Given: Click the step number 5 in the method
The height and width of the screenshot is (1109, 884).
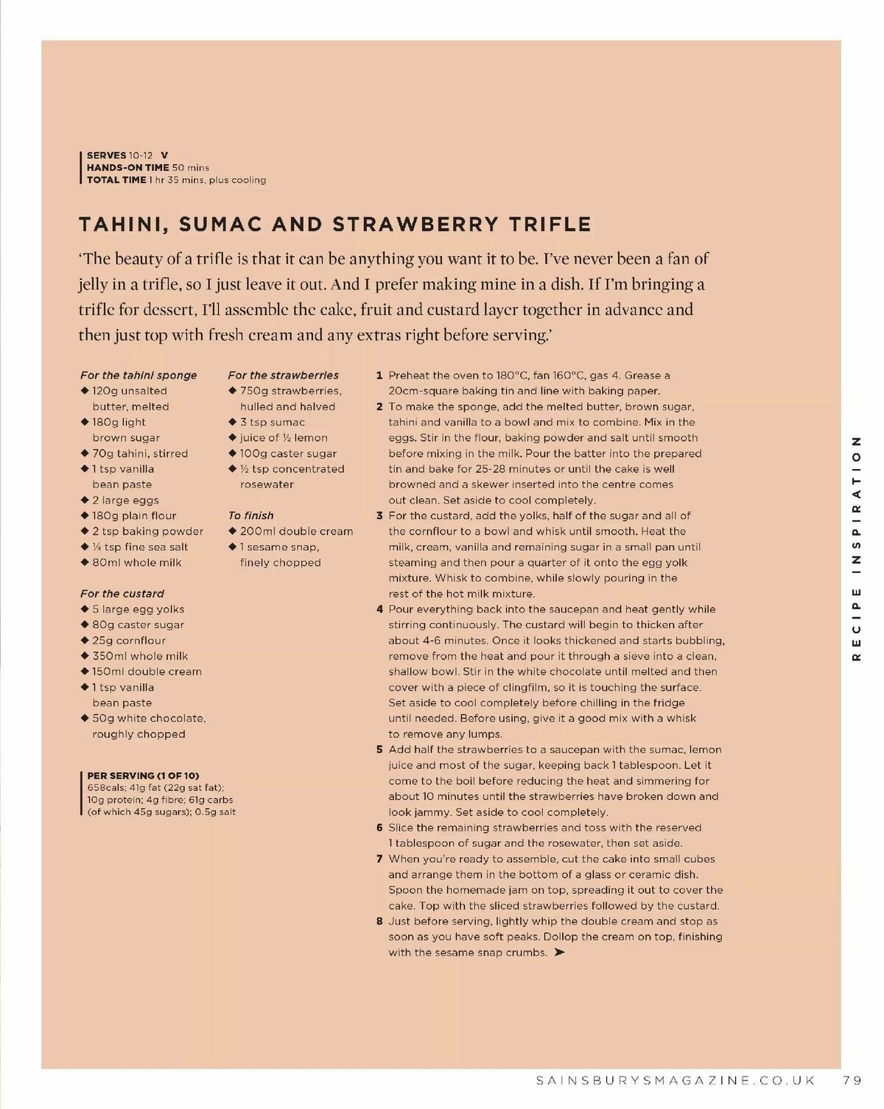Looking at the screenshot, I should coord(379,750).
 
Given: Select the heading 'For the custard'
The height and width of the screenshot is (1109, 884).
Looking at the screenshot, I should coord(122,594).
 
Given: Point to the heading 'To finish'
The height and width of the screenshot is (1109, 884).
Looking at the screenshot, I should coord(250,515).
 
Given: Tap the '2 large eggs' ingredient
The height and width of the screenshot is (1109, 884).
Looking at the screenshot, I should coord(125,500).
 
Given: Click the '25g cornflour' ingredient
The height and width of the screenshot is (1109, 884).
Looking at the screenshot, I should coord(129,641).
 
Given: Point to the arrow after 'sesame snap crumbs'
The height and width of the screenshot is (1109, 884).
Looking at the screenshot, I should coord(559,953).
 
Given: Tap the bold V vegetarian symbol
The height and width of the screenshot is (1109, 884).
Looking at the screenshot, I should coord(164,155).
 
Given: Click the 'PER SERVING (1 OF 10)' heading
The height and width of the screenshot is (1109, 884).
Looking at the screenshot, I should coord(143,775).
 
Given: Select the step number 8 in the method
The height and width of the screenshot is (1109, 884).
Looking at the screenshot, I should coord(379,921).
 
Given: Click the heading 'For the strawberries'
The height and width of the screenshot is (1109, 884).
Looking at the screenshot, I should coord(283,375).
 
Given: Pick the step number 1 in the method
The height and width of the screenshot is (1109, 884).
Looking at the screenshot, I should coord(379,376).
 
